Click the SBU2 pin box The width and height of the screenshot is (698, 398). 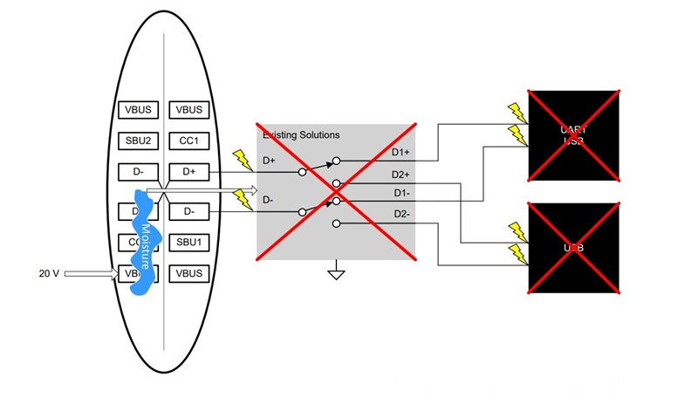click(x=140, y=141)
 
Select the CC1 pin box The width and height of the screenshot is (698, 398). click(x=189, y=141)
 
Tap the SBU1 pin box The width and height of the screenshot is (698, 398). click(x=189, y=241)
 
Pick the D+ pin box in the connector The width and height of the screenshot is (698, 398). click(x=189, y=172)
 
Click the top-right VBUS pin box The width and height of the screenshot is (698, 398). click(x=189, y=110)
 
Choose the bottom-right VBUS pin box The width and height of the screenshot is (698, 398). click(x=189, y=273)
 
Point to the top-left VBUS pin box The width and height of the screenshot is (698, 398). click(x=140, y=110)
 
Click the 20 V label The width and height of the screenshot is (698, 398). click(x=49, y=274)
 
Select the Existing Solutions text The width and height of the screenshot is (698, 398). click(x=301, y=135)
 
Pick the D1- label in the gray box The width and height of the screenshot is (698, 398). click(x=400, y=192)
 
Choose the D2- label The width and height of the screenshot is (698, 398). click(x=400, y=214)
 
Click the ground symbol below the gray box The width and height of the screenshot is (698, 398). click(x=334, y=274)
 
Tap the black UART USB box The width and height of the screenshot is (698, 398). click(x=573, y=135)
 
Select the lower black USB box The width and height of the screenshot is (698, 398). click(x=573, y=249)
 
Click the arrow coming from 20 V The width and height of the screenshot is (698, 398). click(x=92, y=274)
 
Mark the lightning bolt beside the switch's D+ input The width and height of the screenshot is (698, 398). click(x=240, y=159)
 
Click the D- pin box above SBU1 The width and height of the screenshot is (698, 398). click(x=189, y=210)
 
